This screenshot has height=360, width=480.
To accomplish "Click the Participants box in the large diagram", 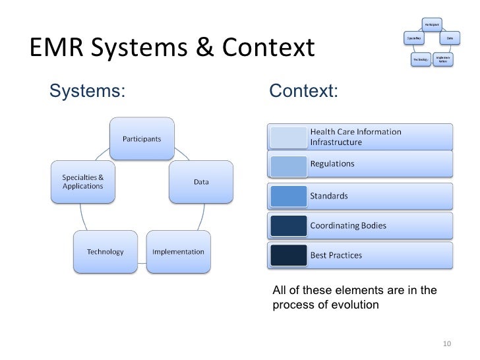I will (141, 138).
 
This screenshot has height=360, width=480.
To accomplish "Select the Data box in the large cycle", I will (201, 182).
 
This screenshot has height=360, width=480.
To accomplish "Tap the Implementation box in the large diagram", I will (178, 252).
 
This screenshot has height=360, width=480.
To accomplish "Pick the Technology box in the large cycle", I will (104, 252).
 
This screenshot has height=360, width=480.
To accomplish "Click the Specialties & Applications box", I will (83, 182).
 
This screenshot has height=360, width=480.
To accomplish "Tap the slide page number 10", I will (446, 343).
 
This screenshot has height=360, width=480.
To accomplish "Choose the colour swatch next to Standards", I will (288, 196).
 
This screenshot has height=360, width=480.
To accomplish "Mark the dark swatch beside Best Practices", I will (288, 255).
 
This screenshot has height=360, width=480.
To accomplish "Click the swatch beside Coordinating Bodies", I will (288, 225).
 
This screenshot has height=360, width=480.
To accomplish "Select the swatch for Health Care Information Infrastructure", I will (288, 136).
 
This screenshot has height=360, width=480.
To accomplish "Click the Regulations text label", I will (332, 164).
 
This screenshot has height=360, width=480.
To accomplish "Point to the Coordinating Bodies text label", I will (348, 225).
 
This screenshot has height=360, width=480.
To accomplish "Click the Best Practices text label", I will (336, 255).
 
